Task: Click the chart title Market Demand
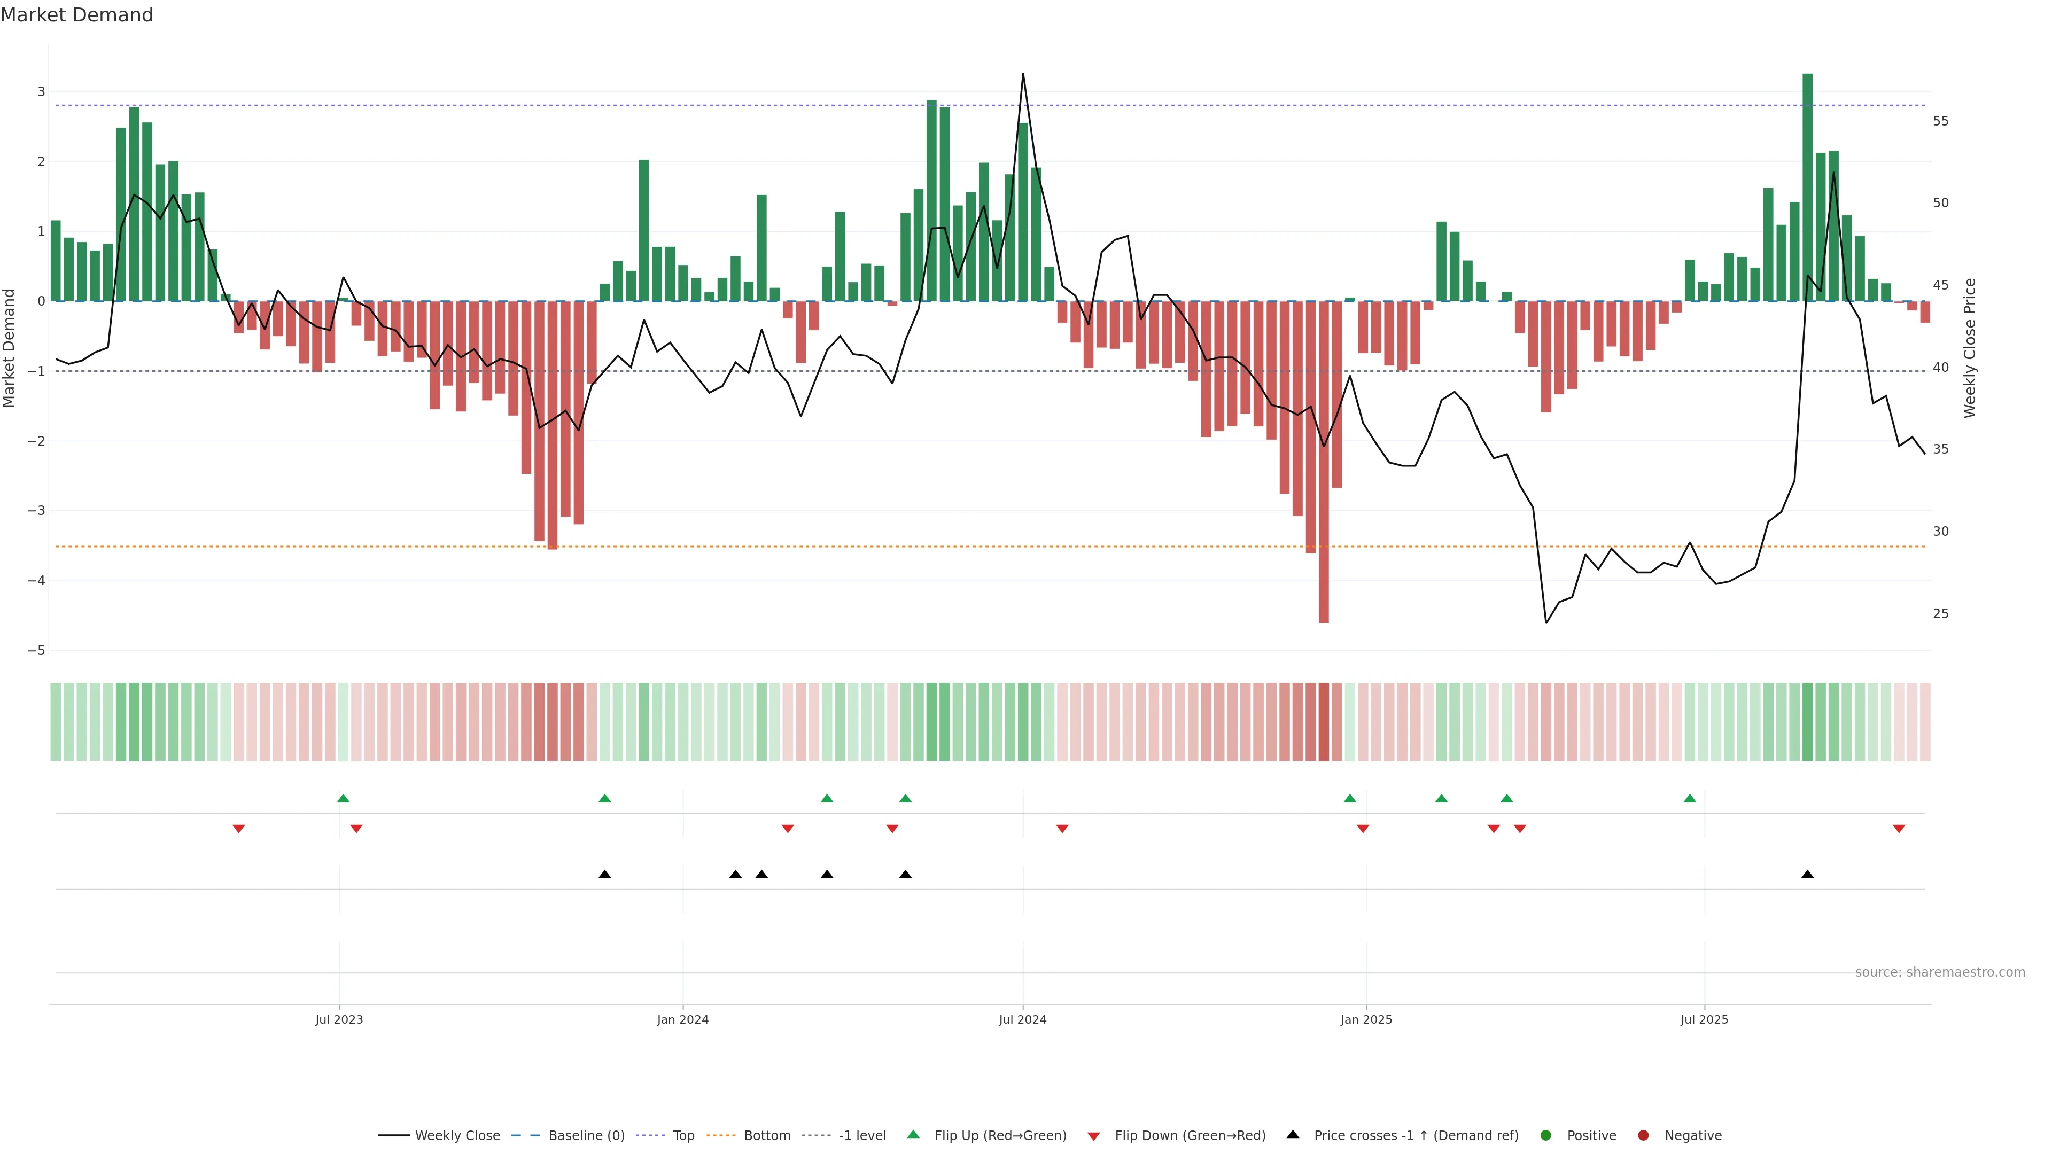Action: pos(76,15)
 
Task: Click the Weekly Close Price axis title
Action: pos(1969,348)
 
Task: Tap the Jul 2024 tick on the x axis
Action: pos(1022,1019)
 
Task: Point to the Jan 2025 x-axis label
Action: pos(1366,1019)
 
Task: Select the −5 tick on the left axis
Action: pos(36,651)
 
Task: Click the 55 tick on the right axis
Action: pos(1940,121)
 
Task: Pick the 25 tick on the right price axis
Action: pos(1940,614)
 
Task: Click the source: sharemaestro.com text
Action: pos(1940,972)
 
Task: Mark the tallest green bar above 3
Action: pos(1807,187)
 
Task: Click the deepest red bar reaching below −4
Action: pos(1323,462)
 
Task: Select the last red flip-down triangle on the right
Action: pos(1899,829)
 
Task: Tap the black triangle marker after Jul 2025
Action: pos(1807,875)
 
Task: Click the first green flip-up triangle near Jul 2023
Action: pos(343,798)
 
